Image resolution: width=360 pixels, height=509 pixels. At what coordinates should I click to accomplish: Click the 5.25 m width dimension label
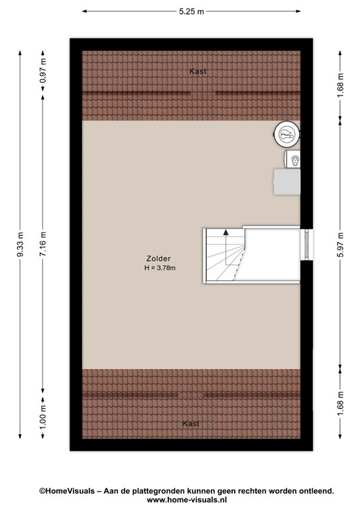(x=192, y=11)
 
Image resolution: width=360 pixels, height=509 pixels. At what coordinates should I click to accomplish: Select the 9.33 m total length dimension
(x=20, y=244)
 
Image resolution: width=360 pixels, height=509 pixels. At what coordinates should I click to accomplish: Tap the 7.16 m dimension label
(x=43, y=244)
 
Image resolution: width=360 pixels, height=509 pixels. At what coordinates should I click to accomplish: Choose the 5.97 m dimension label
(x=340, y=245)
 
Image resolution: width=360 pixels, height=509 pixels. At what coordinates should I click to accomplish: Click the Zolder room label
(x=158, y=258)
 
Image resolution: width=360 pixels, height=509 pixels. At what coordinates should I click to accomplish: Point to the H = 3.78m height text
(x=160, y=268)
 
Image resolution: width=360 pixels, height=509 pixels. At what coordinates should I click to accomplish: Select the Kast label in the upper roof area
(x=198, y=71)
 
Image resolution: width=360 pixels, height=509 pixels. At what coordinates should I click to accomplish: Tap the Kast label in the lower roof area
(x=191, y=424)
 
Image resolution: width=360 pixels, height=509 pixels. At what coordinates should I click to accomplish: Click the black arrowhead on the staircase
(x=225, y=232)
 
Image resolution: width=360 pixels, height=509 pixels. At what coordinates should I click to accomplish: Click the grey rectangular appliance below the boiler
(x=286, y=182)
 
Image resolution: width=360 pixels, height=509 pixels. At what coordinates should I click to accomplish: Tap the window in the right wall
(x=307, y=245)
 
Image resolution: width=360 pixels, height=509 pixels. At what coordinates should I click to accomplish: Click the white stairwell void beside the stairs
(x=271, y=254)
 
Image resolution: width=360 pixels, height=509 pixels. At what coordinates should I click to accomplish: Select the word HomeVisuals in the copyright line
(x=70, y=491)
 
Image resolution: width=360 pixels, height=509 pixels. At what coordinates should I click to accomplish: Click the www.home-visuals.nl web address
(x=187, y=500)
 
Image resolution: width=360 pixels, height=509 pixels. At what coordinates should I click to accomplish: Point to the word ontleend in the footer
(x=318, y=491)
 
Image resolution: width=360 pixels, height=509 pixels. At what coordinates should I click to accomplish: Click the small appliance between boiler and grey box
(x=292, y=159)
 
